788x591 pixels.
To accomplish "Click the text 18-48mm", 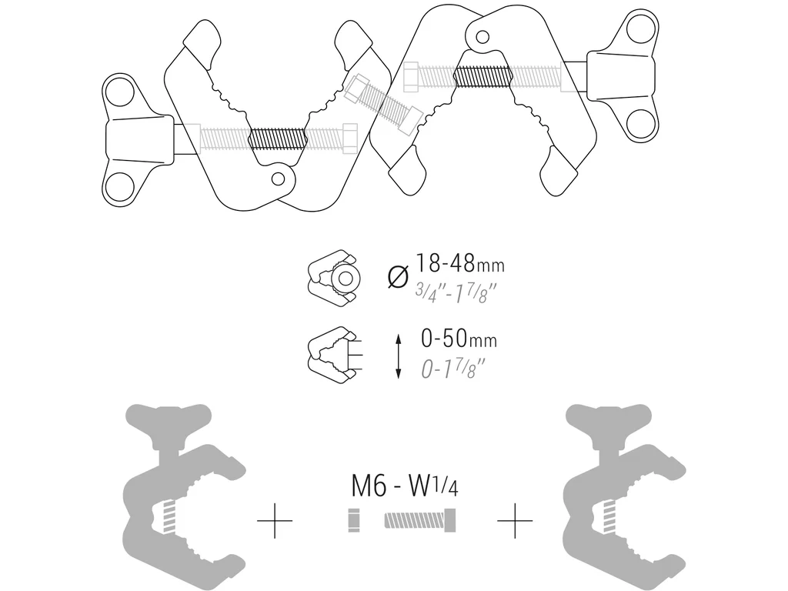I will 460,264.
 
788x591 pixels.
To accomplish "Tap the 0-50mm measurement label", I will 459,339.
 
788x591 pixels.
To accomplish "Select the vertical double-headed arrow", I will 398,355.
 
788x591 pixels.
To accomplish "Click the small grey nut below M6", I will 355,521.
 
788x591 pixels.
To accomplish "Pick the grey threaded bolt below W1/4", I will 420,521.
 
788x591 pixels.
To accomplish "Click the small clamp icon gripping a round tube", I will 333,277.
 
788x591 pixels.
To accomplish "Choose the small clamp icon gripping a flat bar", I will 332,354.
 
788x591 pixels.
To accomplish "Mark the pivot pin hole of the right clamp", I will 483,35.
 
